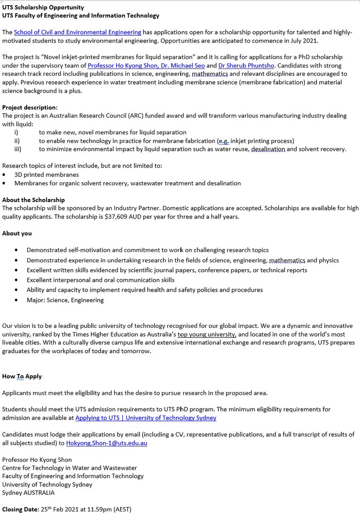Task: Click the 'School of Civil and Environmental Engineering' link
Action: pos(78,32)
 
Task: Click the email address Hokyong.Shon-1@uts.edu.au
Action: pos(106,442)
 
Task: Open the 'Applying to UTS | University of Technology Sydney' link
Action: pos(146,417)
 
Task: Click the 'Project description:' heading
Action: pos(30,107)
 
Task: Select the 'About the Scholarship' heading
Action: pos(34,200)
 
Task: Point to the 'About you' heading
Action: pos(17,233)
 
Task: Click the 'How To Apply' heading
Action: pos(22,376)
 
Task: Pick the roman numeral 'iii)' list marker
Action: pos(18,149)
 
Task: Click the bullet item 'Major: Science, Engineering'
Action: pos(65,300)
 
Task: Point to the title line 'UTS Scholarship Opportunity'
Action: pos(43,7)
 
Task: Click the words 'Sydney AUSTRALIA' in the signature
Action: pos(28,492)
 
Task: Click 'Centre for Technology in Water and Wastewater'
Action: pos(69,468)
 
